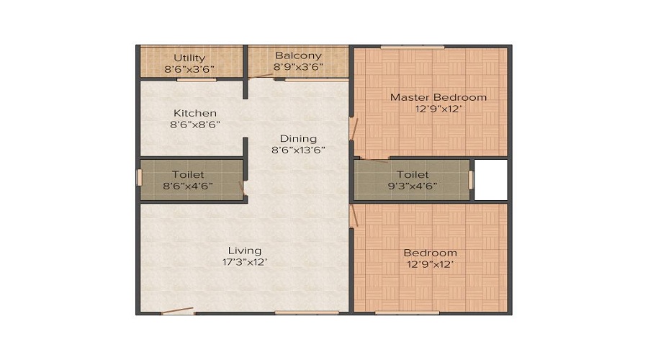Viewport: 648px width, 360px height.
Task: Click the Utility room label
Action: click(189, 58)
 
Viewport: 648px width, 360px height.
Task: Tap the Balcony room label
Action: click(298, 55)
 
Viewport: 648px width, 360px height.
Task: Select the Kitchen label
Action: click(194, 113)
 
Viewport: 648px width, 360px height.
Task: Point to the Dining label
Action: click(298, 138)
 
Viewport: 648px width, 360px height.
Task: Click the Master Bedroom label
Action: click(438, 97)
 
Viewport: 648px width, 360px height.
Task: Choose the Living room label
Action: click(244, 251)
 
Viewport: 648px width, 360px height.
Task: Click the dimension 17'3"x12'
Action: click(244, 262)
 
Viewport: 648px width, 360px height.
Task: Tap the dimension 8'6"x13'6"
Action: click(298, 150)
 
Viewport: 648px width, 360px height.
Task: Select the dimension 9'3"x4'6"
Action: click(413, 186)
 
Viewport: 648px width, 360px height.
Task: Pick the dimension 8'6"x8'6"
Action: click(194, 125)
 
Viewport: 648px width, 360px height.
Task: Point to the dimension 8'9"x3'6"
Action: click(298, 67)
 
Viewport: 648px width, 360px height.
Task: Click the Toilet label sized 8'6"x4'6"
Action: click(187, 174)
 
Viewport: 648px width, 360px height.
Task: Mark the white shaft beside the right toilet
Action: click(491, 179)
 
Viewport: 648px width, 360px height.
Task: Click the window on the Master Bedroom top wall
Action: click(413, 48)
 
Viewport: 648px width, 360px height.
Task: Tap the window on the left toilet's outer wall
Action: click(139, 178)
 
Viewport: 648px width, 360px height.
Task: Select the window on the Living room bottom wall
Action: click(307, 312)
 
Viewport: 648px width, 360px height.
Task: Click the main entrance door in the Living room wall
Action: click(177, 311)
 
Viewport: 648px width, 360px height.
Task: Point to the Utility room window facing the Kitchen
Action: click(197, 79)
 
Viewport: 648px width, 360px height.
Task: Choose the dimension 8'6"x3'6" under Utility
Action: click(189, 69)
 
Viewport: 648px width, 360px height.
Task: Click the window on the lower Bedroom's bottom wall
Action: click(407, 312)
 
